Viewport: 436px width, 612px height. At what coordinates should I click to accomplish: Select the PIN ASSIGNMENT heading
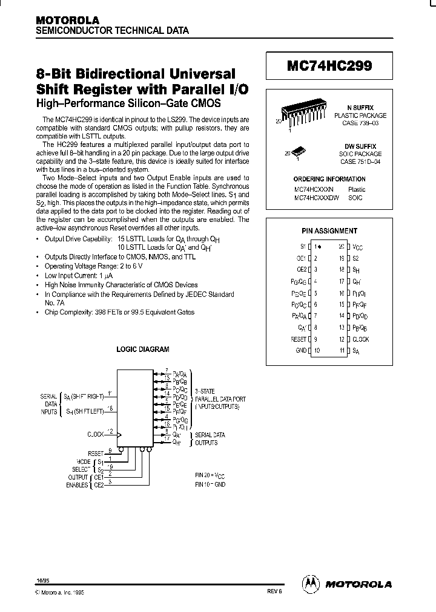pos(329,231)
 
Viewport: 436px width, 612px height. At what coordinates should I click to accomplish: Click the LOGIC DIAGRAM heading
pos(143,350)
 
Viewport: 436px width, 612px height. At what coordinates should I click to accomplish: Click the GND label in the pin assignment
pos(301,351)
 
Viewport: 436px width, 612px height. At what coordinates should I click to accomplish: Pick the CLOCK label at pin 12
pos(361,340)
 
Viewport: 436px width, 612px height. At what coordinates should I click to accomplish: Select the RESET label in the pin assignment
pos(299,340)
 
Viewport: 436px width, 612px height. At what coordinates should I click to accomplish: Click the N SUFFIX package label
pos(364,107)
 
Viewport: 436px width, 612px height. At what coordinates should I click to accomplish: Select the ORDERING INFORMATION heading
pos(329,179)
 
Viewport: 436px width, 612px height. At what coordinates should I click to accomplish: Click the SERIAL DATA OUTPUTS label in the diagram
pos(210,438)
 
